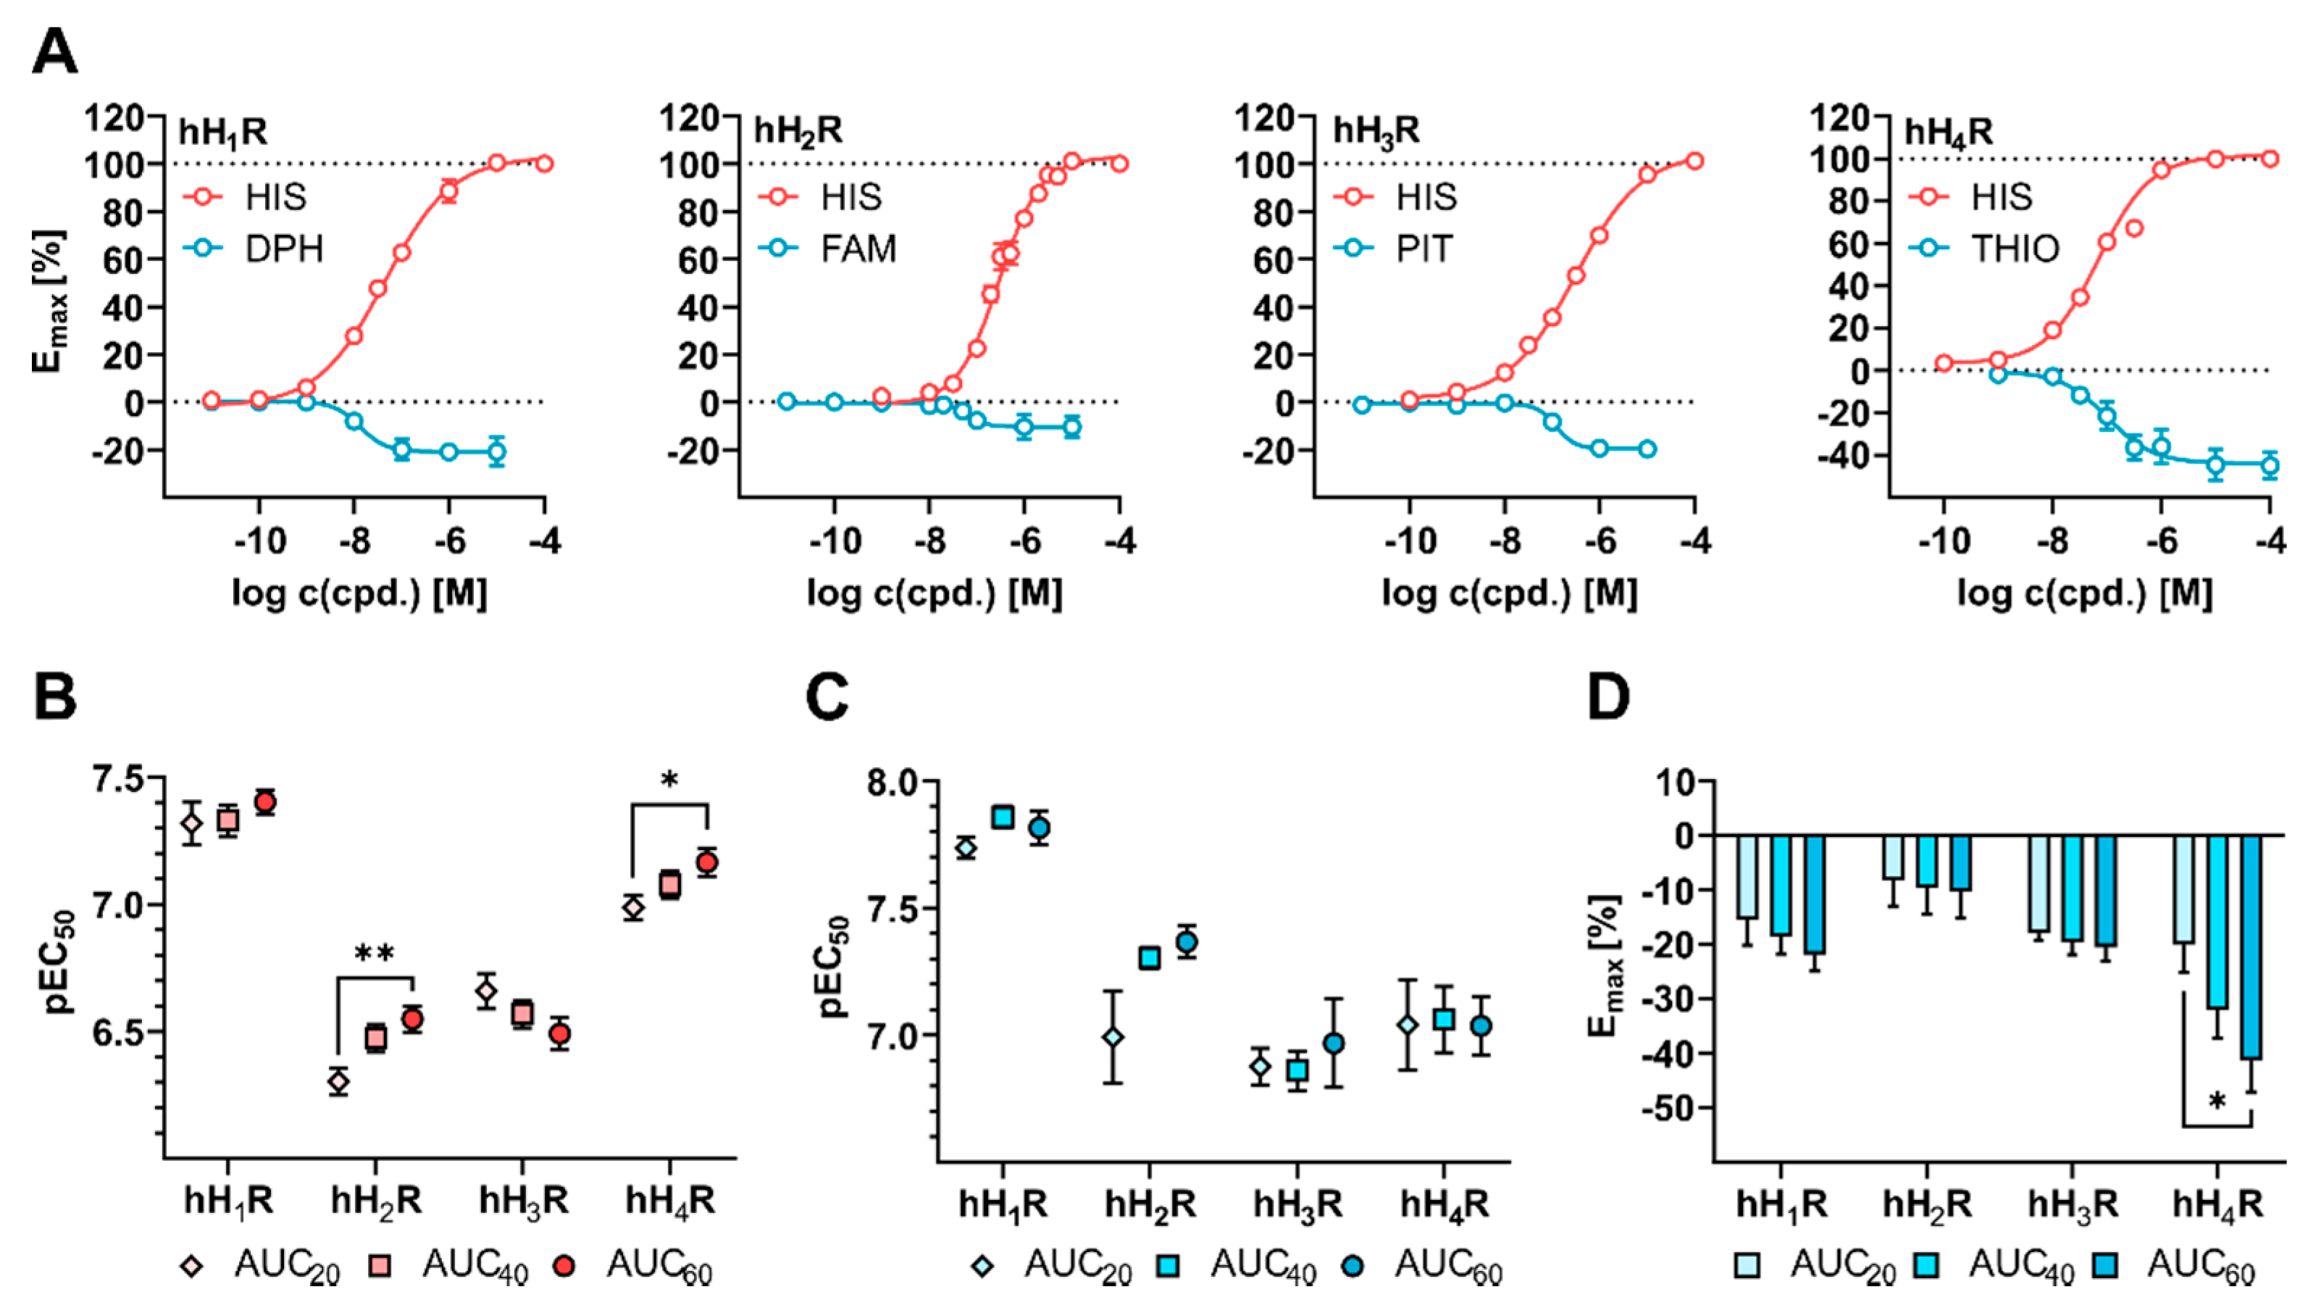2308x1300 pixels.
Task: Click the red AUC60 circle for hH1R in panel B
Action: (264, 802)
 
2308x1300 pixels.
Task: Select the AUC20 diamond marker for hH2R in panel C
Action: (1113, 1038)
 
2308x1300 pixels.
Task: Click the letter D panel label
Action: (1608, 698)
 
